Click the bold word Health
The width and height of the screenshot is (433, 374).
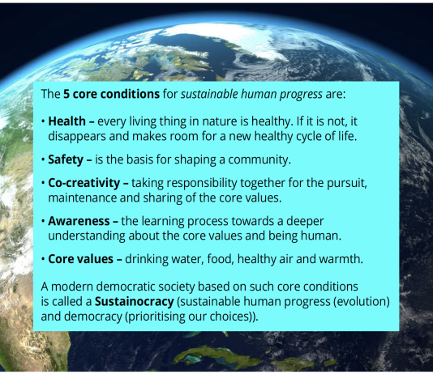(66, 121)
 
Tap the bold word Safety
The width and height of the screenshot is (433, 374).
(66, 159)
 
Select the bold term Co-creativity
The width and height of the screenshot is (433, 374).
(84, 183)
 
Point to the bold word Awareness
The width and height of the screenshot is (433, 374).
(79, 221)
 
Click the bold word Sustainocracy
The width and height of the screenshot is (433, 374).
(135, 302)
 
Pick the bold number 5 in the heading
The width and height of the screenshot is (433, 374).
(66, 94)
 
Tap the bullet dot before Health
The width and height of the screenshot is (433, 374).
(43, 121)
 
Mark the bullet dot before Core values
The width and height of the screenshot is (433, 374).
(43, 259)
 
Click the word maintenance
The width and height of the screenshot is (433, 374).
(82, 198)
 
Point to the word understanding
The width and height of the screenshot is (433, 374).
(87, 236)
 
